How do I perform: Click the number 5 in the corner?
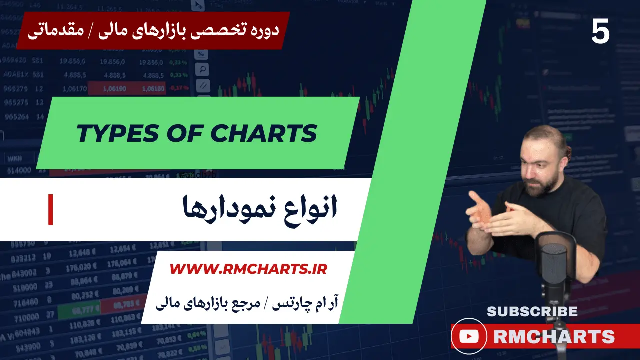[x=600, y=32]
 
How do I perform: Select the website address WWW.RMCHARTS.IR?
[x=248, y=269]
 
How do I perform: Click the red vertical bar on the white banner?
[x=50, y=210]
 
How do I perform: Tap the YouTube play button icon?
[x=468, y=337]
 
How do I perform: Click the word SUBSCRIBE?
[x=532, y=312]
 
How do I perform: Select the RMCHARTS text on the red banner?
[x=554, y=337]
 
